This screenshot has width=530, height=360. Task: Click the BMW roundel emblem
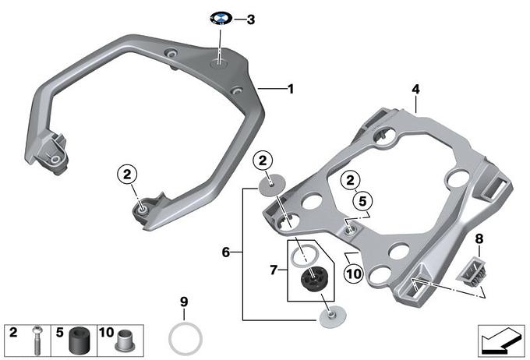pos(221,18)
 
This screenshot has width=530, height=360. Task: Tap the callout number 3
pos(250,19)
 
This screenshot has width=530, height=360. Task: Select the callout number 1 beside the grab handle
pos(291,90)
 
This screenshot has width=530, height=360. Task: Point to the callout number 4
pos(415,90)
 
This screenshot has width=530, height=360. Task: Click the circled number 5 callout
pos(362,201)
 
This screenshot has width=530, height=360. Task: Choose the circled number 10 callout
pos(354,274)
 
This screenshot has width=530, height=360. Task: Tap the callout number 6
pos(226,252)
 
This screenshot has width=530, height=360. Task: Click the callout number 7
pos(274,270)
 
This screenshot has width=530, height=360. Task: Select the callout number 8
pos(479,239)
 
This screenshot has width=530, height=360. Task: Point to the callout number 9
pos(184,302)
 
